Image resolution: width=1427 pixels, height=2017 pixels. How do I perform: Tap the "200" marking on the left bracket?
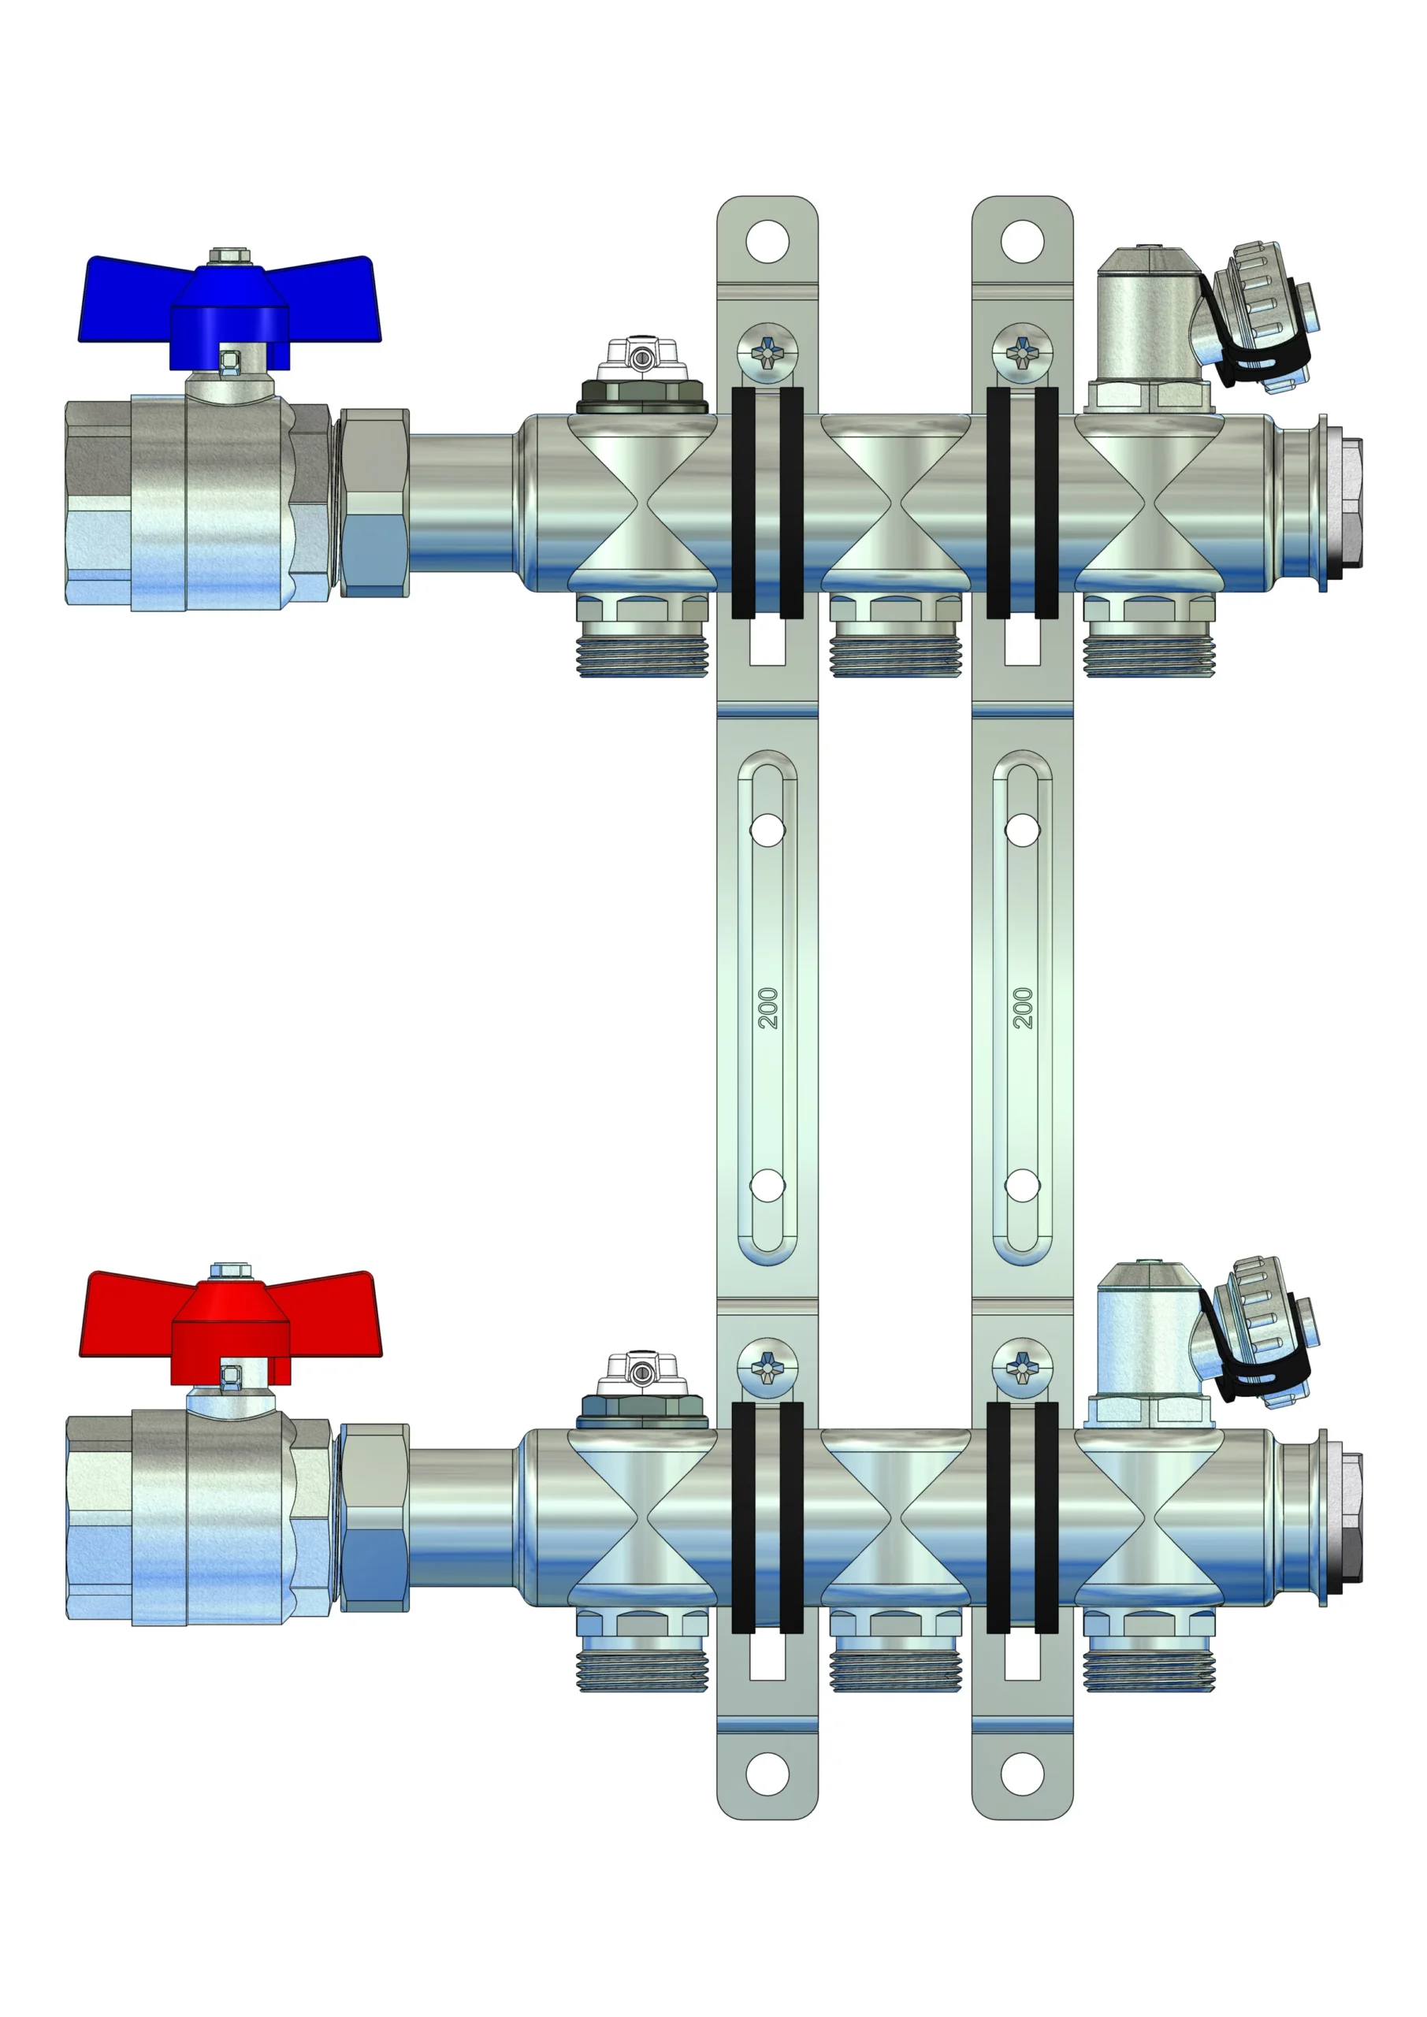click(x=768, y=1008)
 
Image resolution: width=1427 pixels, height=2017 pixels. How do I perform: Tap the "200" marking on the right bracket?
click(x=1023, y=1008)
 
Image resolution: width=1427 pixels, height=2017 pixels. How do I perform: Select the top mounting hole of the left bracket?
click(x=767, y=241)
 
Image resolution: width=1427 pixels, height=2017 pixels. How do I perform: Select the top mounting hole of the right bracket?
click(x=1023, y=241)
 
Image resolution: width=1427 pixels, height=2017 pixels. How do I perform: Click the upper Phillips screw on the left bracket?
click(x=767, y=353)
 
